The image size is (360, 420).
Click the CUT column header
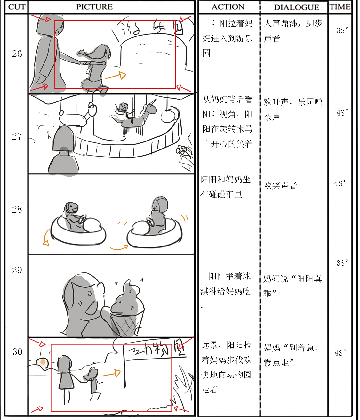(17, 7)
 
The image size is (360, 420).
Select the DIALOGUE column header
(296, 7)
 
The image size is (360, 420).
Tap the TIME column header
(340, 7)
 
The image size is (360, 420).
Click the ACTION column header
(228, 7)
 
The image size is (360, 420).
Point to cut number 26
(17, 54)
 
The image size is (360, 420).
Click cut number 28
(17, 209)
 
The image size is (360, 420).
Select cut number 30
(17, 352)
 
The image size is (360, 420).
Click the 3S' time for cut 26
(342, 30)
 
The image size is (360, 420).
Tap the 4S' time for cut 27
(342, 113)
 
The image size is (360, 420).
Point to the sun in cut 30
(42, 362)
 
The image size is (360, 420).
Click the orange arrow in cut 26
(116, 76)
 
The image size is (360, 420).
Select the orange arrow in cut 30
(112, 373)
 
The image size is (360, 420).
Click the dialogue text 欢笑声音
(280, 186)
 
